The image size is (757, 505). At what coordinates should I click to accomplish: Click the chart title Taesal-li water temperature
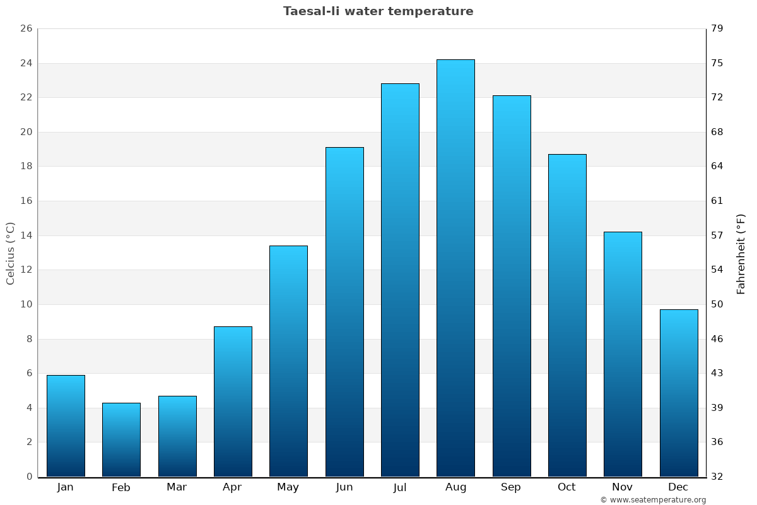click(x=378, y=11)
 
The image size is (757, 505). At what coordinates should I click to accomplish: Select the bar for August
click(x=455, y=268)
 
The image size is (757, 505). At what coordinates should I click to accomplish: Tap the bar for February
click(x=121, y=439)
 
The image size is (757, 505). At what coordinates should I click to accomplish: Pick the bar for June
click(x=344, y=312)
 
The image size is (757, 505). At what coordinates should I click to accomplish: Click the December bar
click(x=678, y=393)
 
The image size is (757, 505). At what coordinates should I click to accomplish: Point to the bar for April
click(x=233, y=401)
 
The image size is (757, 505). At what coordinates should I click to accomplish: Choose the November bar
click(x=623, y=354)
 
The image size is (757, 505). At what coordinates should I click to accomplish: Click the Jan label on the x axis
click(x=66, y=487)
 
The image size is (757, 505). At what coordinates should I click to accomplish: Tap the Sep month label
click(x=511, y=487)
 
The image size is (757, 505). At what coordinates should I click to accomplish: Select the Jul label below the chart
click(x=400, y=487)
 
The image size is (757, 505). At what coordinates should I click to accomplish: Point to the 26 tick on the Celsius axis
click(x=26, y=28)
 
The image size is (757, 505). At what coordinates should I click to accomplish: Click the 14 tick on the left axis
click(x=26, y=235)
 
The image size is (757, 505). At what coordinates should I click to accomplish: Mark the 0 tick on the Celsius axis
click(x=29, y=477)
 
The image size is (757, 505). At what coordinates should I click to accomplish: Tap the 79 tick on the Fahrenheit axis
click(x=717, y=28)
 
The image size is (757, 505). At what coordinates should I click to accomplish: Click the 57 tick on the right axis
click(x=717, y=235)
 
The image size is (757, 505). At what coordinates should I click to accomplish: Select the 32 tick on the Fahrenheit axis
click(x=717, y=477)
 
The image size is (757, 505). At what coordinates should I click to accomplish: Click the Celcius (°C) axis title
click(x=10, y=253)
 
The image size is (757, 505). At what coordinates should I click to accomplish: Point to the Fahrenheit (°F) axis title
click(x=741, y=253)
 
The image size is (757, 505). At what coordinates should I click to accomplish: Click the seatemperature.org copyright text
click(x=653, y=500)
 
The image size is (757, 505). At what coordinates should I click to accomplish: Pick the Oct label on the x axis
click(x=566, y=487)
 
